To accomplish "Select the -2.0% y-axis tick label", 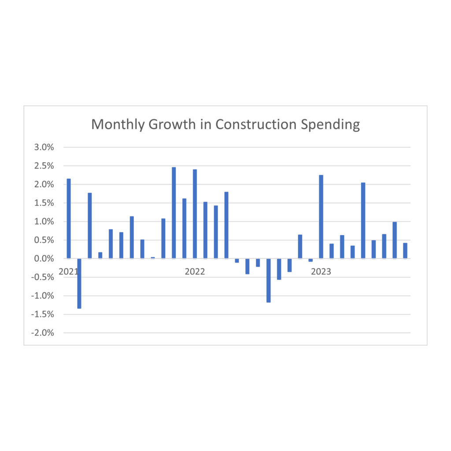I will pyautogui.click(x=43, y=333).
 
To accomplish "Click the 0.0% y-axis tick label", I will pyautogui.click(x=44, y=259).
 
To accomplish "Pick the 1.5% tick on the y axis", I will pyautogui.click(x=44, y=203).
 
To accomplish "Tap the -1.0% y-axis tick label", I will pyautogui.click(x=43, y=296).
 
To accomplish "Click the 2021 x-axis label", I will pyautogui.click(x=68, y=272).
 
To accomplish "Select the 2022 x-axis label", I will pyautogui.click(x=195, y=272).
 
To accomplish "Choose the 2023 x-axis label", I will pyautogui.click(x=321, y=272).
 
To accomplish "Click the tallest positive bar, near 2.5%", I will pyautogui.click(x=174, y=213).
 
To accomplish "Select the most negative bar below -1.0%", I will pyautogui.click(x=79, y=283).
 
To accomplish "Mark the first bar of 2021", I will pyautogui.click(x=69, y=218).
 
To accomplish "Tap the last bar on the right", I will pyautogui.click(x=405, y=251).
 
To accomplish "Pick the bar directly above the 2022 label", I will pyautogui.click(x=195, y=214).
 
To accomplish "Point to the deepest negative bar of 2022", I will pyautogui.click(x=268, y=280).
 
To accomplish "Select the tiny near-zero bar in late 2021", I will pyautogui.click(x=153, y=258).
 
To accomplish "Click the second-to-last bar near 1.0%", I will pyautogui.click(x=395, y=240).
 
